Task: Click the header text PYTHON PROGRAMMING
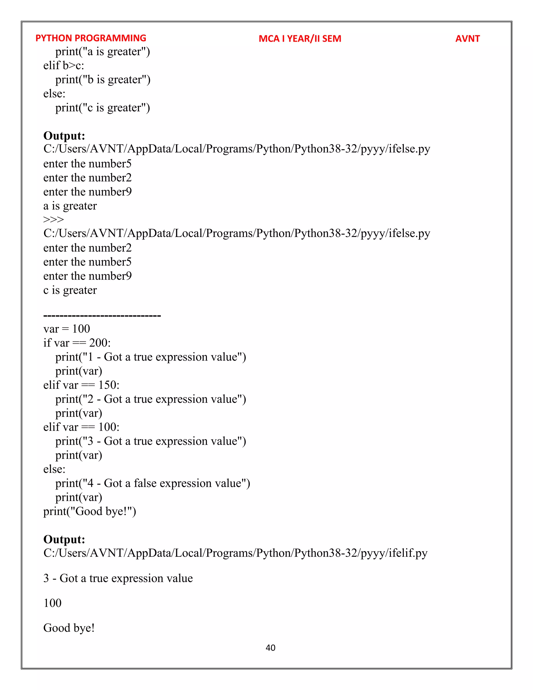(91, 38)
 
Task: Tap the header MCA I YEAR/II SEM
(300, 39)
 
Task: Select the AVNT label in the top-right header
(467, 39)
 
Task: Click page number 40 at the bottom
(270, 648)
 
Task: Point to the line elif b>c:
(64, 65)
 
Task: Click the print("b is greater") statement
(103, 80)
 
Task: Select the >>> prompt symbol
(53, 219)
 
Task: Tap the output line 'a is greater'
(70, 206)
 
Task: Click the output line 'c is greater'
(70, 290)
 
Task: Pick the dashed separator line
(102, 316)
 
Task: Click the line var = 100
(67, 329)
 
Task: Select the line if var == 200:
(77, 343)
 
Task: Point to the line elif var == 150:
(81, 385)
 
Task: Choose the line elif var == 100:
(81, 427)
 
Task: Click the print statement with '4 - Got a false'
(153, 483)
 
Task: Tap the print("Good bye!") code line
(90, 511)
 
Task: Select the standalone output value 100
(52, 603)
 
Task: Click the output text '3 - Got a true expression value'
(118, 578)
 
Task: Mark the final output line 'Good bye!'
(69, 628)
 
